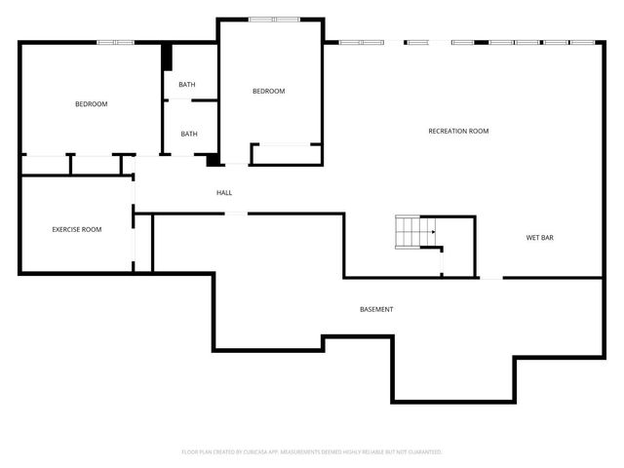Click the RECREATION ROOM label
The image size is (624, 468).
pyautogui.click(x=458, y=131)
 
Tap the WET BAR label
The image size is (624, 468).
pyautogui.click(x=540, y=237)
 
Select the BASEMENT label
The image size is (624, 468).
pyautogui.click(x=376, y=309)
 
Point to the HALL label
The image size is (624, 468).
pyautogui.click(x=224, y=193)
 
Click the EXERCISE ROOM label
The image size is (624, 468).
pyautogui.click(x=77, y=229)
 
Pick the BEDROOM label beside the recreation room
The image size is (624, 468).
pyautogui.click(x=268, y=92)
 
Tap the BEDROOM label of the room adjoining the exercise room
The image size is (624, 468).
pyautogui.click(x=92, y=104)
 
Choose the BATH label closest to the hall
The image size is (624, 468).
pyautogui.click(x=188, y=135)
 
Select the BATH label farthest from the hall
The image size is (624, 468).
pyautogui.click(x=186, y=85)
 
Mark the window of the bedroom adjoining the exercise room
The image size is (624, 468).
pyautogui.click(x=116, y=42)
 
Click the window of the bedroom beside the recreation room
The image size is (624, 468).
pyautogui.click(x=274, y=19)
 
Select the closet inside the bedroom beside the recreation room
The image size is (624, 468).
pyautogui.click(x=286, y=154)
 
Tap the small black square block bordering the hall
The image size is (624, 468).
pyautogui.click(x=213, y=160)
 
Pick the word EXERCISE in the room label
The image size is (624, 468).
pyautogui.click(x=64, y=229)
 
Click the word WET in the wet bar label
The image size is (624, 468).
pyautogui.click(x=532, y=237)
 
